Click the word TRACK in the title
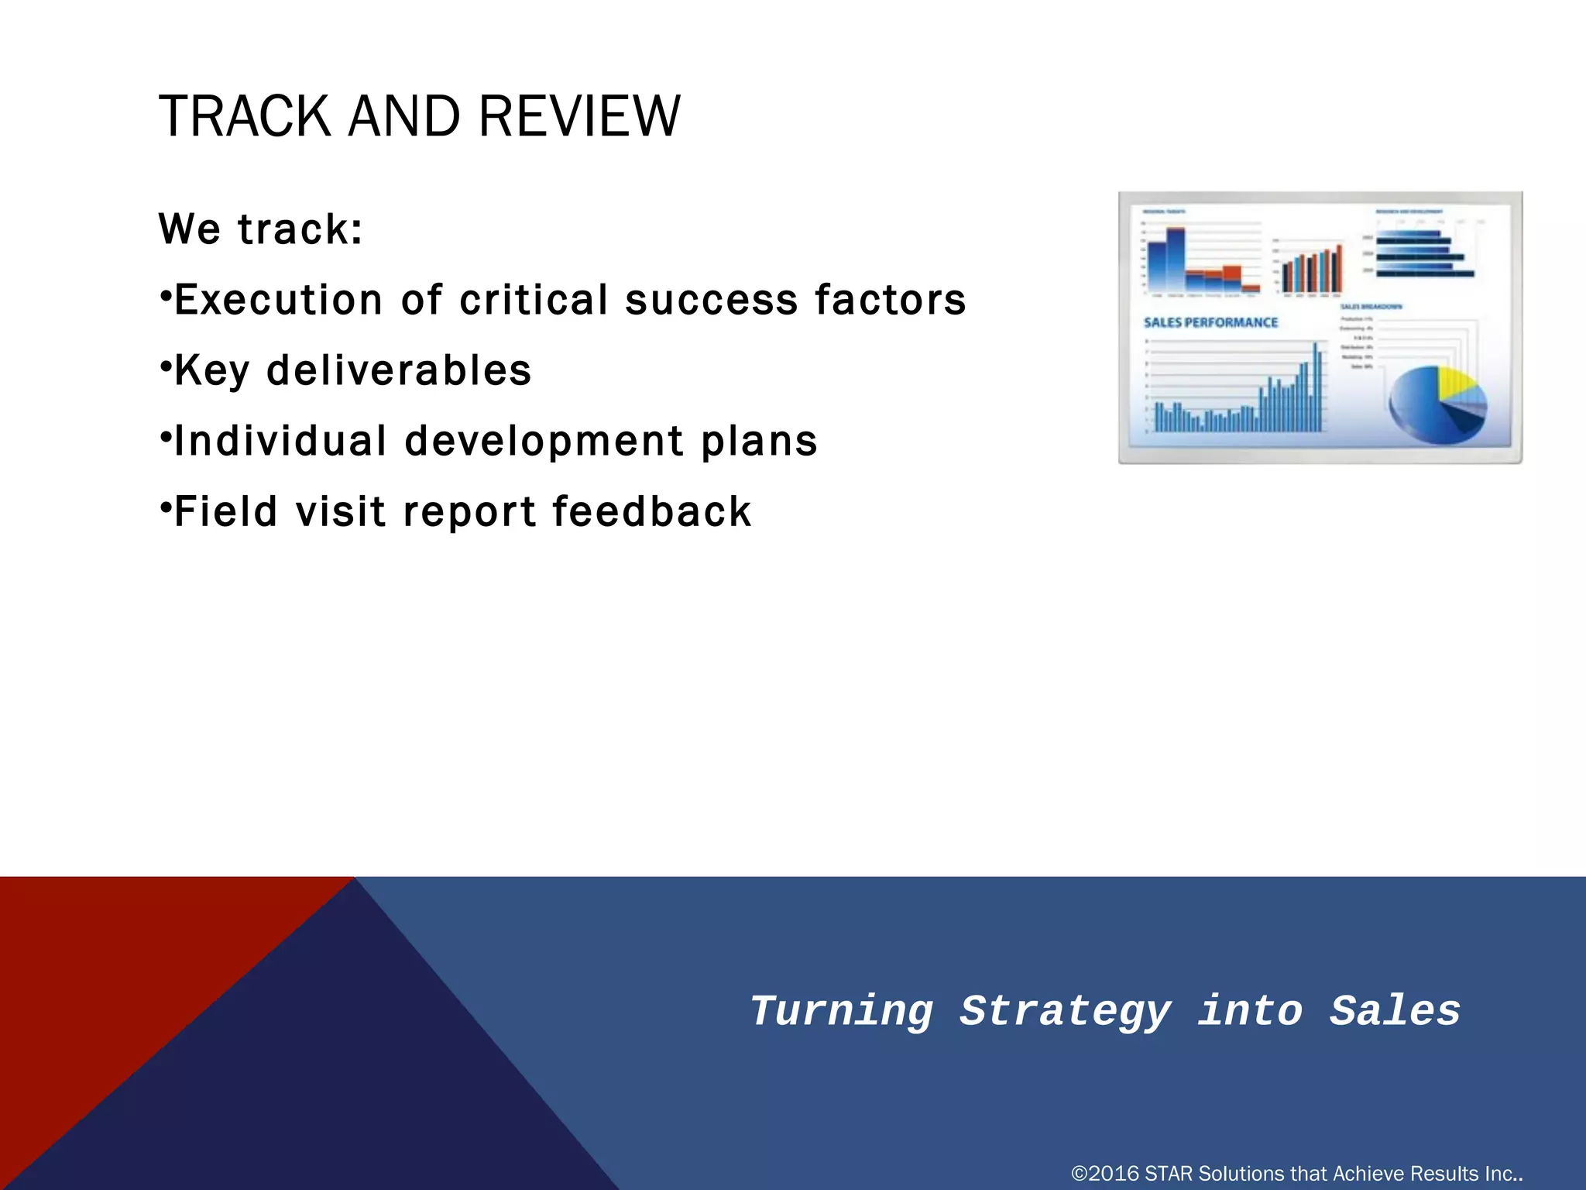point(244,116)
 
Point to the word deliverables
point(399,370)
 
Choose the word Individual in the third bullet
point(280,441)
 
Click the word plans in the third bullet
point(759,442)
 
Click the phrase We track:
point(261,229)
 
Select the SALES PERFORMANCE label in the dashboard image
point(1210,322)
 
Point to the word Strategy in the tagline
point(1065,1012)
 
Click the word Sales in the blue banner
point(1395,1010)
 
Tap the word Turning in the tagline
point(842,1010)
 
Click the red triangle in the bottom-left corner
point(116,968)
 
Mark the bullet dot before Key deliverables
point(165,364)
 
